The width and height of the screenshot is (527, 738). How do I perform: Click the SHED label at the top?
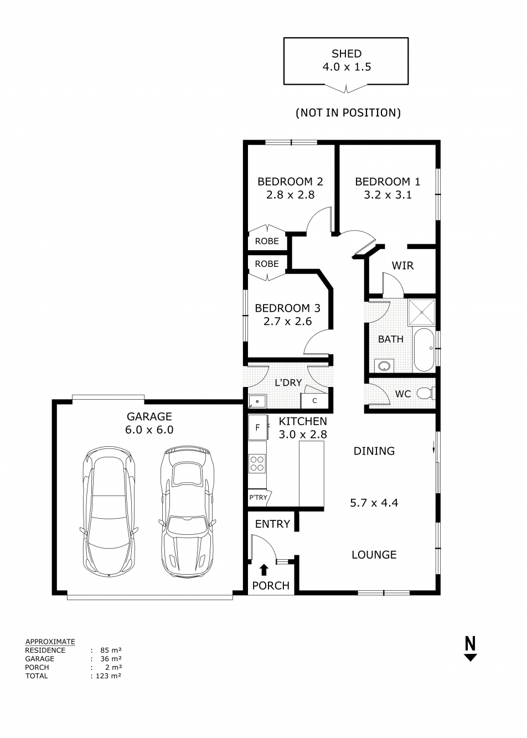tap(347, 54)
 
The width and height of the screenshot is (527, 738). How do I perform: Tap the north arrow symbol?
tap(470, 649)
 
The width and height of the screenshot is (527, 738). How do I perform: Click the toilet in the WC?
tap(425, 394)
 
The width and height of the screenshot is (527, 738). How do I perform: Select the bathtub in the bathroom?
tap(423, 349)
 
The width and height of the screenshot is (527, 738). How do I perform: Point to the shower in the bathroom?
tap(422, 313)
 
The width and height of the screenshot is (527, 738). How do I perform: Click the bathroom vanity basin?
tap(384, 365)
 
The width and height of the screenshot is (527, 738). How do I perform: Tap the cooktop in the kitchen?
tap(257, 463)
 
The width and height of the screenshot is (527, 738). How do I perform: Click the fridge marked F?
tap(257, 427)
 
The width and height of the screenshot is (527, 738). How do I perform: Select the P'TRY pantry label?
tap(258, 497)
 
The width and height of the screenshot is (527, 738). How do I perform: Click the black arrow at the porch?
tap(263, 570)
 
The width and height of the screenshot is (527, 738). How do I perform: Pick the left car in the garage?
tap(108, 512)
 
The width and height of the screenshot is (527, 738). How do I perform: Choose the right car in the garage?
tap(185, 512)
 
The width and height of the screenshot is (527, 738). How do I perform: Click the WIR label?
tap(402, 266)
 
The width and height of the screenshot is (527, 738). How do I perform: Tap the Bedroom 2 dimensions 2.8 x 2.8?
tap(290, 195)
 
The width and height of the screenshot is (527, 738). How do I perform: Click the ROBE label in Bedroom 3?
tap(267, 264)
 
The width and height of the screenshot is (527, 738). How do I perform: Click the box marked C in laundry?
tap(314, 400)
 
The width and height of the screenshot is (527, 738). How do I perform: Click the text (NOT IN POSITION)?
tap(348, 113)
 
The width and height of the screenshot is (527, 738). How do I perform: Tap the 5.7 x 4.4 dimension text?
tap(374, 503)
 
